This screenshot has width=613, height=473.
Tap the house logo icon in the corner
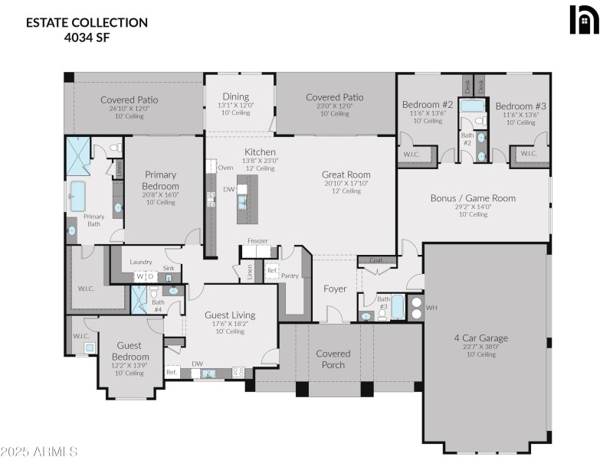point(583,21)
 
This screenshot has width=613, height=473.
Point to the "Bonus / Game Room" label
point(473,198)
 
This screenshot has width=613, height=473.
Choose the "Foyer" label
point(335,289)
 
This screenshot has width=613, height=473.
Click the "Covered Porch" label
point(333,359)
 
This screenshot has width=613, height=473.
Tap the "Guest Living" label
point(230,315)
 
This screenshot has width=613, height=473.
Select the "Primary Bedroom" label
point(161,181)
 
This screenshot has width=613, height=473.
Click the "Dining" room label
point(235,96)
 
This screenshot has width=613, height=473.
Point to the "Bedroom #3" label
point(520,106)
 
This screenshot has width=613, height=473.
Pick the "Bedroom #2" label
point(428,104)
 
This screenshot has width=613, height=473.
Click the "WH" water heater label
point(431,307)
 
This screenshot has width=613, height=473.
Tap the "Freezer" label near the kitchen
point(257,241)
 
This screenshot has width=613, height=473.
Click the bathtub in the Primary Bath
point(77,196)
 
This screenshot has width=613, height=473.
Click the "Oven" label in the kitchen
point(226,167)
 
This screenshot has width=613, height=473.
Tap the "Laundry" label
point(141,262)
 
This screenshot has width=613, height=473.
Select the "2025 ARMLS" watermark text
point(39,452)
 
